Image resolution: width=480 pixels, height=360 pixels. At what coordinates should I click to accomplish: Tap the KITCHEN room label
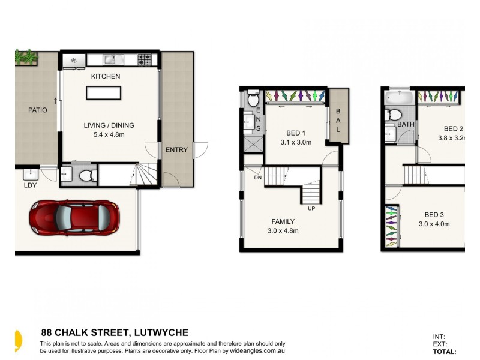[106, 77]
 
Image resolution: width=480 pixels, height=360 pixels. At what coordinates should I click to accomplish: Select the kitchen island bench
[103, 92]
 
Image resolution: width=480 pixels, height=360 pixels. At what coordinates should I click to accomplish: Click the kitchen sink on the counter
[110, 59]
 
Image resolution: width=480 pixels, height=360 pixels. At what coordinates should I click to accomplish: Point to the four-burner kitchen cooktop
[145, 59]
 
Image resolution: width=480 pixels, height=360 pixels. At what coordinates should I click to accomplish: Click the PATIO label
[37, 110]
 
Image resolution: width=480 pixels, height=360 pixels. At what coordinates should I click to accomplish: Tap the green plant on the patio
[26, 58]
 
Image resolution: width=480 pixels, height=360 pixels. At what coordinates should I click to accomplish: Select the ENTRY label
[176, 150]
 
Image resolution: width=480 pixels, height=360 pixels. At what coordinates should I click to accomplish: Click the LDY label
[30, 185]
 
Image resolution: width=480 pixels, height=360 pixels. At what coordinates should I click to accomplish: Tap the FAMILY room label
[283, 221]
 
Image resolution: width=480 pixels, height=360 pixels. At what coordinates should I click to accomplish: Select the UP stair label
[311, 209]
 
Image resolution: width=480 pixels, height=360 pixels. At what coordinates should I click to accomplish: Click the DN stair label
[257, 178]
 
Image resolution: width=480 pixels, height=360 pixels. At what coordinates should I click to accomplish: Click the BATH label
[406, 125]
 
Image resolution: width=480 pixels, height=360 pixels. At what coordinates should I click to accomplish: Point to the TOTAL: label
[444, 352]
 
